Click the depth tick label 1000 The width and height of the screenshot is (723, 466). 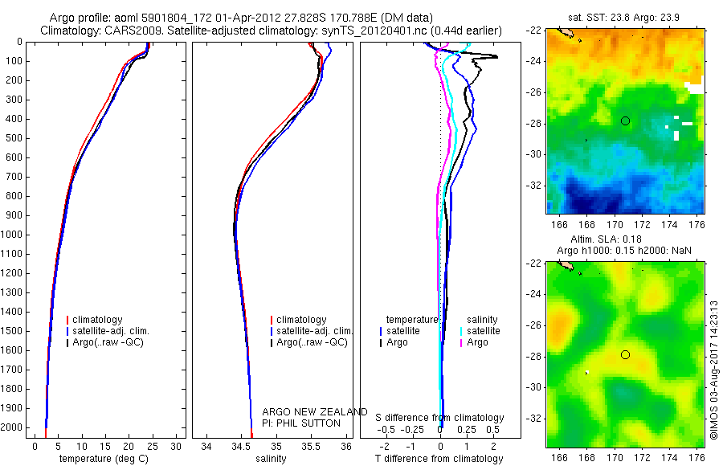[14, 235]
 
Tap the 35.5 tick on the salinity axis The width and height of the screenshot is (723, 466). [311, 446]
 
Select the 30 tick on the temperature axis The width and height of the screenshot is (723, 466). [176, 446]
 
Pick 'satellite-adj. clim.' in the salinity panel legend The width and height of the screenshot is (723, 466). [314, 331]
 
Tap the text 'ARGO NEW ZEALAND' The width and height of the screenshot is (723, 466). [315, 412]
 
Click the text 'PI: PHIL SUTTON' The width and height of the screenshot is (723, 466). [301, 423]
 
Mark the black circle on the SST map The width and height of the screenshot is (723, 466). [626, 121]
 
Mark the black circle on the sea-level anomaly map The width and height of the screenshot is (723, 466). [626, 354]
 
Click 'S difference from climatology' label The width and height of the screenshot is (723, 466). [439, 418]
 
